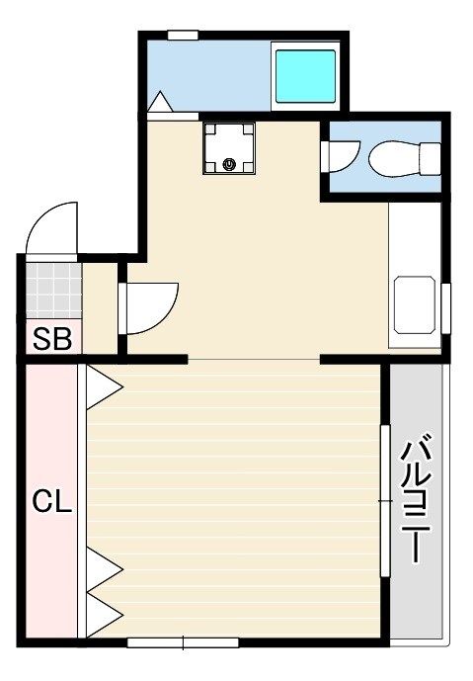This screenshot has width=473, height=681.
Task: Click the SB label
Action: (x=52, y=339)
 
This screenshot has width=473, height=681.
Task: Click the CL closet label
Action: (x=51, y=501)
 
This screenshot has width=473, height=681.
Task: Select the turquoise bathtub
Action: (x=305, y=76)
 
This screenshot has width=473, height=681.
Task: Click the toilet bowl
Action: (x=394, y=159)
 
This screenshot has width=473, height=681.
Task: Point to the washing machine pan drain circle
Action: (x=229, y=164)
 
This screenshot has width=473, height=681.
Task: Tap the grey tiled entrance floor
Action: (x=53, y=291)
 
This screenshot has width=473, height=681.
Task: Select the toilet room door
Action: (x=343, y=156)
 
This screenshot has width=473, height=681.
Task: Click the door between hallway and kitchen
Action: (x=150, y=308)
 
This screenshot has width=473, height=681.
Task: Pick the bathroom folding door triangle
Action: (x=160, y=102)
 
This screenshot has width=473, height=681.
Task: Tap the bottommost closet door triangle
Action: (x=105, y=614)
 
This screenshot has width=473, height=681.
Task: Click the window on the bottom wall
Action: (x=183, y=642)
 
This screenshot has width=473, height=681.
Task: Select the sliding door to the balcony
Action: (x=385, y=501)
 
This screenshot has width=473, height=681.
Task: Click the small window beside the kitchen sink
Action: (x=445, y=308)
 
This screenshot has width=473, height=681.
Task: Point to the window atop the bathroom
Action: (x=183, y=36)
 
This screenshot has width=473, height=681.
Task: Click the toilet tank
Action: (x=430, y=159)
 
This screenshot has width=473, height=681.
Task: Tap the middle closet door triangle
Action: (x=105, y=569)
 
